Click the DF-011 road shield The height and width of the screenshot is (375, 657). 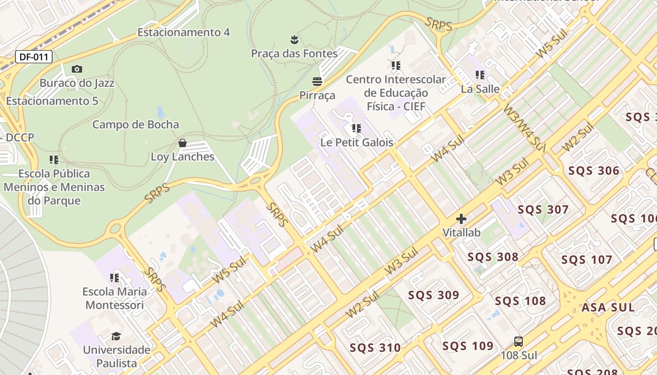pyautogui.click(x=34, y=57)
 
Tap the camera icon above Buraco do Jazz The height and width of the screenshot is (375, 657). pyautogui.click(x=77, y=69)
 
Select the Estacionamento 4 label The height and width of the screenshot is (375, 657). pyautogui.click(x=183, y=32)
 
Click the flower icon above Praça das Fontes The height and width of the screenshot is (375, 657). pyautogui.click(x=294, y=39)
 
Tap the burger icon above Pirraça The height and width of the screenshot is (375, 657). pyautogui.click(x=317, y=82)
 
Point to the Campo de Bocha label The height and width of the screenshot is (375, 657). pyautogui.click(x=136, y=125)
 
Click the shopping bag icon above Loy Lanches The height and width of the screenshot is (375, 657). pyautogui.click(x=183, y=142)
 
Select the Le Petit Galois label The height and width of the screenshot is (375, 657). pyautogui.click(x=357, y=142)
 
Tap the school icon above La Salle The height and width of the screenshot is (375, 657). pyautogui.click(x=480, y=75)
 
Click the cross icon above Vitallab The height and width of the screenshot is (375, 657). pyautogui.click(x=461, y=218)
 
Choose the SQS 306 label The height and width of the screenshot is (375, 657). pyautogui.click(x=594, y=171)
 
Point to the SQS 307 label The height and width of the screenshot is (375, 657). pyautogui.click(x=543, y=210)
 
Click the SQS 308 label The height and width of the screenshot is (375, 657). pyautogui.click(x=493, y=257)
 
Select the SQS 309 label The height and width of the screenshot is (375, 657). pyautogui.click(x=433, y=295)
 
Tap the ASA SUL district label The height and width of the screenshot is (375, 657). pyautogui.click(x=608, y=308)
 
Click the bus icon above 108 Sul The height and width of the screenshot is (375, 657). pyautogui.click(x=519, y=341)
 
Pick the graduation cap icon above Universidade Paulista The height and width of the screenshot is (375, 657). pyautogui.click(x=116, y=336)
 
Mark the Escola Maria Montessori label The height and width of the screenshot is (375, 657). pyautogui.click(x=115, y=298)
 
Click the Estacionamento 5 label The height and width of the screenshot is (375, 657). pyautogui.click(x=52, y=101)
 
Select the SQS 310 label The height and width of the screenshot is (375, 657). pyautogui.click(x=375, y=348)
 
